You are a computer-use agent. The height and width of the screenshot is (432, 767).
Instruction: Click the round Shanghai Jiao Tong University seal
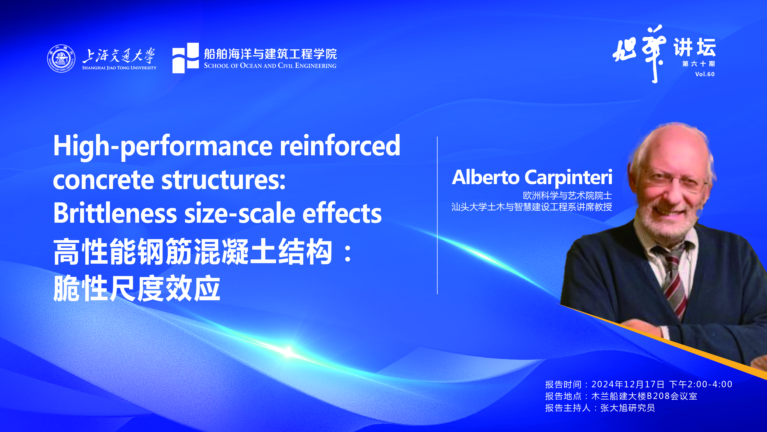pyautogui.click(x=61, y=58)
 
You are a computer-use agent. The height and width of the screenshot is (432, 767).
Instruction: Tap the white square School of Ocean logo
pyautogui.click(x=186, y=58)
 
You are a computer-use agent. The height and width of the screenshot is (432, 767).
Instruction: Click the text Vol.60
pyautogui.click(x=705, y=74)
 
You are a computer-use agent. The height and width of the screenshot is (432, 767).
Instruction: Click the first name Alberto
pyautogui.click(x=486, y=177)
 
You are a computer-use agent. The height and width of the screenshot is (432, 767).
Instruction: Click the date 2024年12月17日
pyautogui.click(x=628, y=384)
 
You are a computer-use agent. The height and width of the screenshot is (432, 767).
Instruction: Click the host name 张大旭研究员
pyautogui.click(x=628, y=408)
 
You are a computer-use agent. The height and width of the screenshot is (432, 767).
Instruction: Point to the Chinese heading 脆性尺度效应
pyautogui.click(x=137, y=288)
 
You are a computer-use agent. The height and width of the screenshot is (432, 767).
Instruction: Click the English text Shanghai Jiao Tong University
pyautogui.click(x=119, y=68)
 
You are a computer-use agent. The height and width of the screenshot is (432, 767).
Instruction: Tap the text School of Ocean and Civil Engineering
pyautogui.click(x=270, y=66)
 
